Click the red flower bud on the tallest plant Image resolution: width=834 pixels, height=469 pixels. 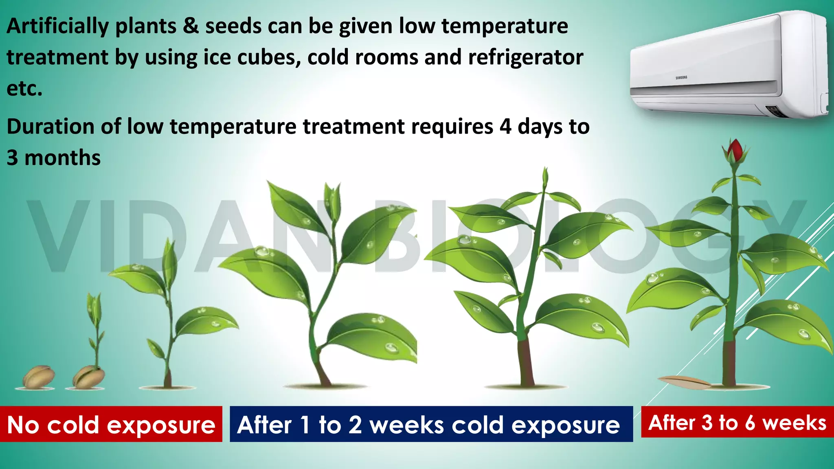click(735, 151)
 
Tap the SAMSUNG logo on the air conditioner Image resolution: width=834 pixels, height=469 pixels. click(681, 77)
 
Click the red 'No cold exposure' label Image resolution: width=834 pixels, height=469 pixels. click(111, 424)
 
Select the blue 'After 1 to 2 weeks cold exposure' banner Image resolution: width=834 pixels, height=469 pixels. click(431, 424)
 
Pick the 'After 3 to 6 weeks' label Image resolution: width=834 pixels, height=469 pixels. click(737, 422)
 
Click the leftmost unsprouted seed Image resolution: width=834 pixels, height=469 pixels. click(38, 377)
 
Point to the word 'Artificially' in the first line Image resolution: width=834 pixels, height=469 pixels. click(57, 26)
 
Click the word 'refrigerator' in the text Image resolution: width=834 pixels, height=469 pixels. click(525, 57)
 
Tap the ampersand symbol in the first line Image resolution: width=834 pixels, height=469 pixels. click(190, 26)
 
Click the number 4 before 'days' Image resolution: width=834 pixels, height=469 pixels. click(505, 127)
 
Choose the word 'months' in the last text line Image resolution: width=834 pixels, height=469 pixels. click(62, 158)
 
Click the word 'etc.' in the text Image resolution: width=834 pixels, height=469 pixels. click(24, 89)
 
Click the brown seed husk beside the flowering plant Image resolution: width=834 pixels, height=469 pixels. click(684, 382)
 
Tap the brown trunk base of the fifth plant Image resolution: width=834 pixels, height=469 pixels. click(526, 362)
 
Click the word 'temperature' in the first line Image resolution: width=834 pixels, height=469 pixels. click(505, 26)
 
